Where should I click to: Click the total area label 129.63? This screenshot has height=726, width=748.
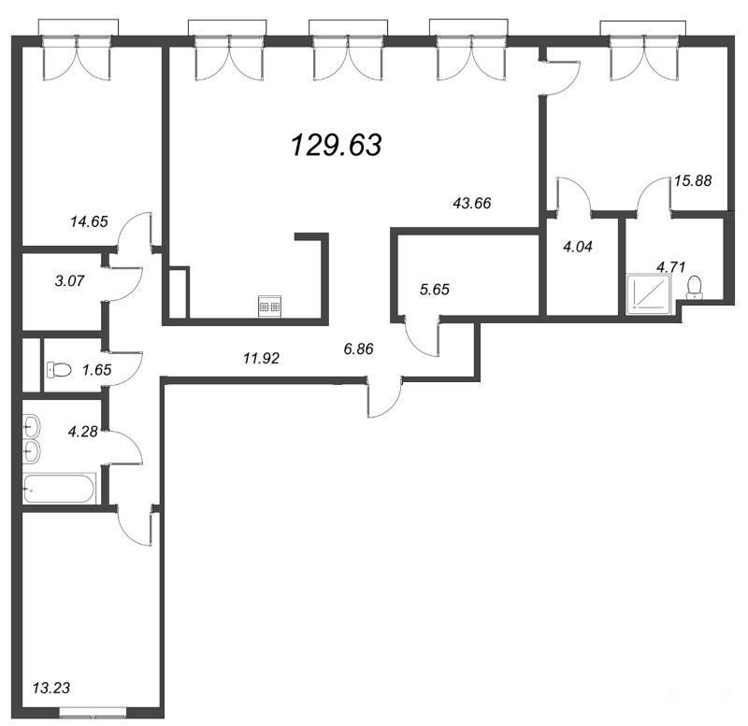337,145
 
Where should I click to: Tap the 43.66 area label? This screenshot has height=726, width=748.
472,203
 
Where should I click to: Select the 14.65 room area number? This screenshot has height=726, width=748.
89,221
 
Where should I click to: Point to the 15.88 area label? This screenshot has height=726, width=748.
693,180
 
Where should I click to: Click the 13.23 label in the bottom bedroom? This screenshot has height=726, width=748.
51,688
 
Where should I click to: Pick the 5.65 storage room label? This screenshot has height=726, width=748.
435,290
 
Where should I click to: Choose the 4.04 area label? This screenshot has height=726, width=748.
578,247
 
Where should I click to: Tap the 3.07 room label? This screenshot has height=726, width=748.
69,280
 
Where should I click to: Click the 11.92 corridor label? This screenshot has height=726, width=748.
261,358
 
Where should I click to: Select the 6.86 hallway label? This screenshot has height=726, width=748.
358,349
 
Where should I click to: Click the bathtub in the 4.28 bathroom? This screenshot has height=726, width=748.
60,489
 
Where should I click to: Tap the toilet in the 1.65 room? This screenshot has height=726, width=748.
59,369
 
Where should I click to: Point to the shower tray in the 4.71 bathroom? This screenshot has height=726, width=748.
649,293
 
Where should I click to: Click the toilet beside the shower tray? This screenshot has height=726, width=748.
694,289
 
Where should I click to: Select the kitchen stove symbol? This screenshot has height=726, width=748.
270,306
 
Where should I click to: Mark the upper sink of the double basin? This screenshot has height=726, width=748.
32,424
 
